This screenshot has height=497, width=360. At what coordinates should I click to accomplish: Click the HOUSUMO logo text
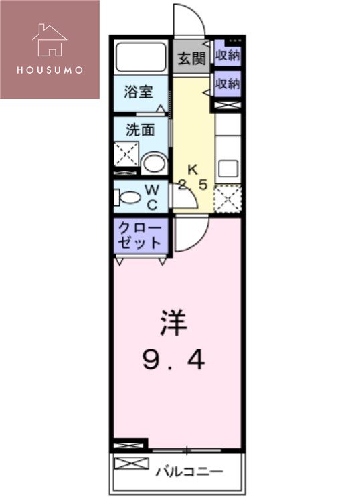50,69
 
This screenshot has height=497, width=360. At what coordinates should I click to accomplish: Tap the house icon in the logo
50,39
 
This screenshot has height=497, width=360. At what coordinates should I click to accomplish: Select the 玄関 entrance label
191,58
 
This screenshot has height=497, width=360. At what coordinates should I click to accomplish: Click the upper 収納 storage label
228,56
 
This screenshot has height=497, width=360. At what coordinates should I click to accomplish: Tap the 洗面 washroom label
140,130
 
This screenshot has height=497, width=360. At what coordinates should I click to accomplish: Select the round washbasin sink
155,163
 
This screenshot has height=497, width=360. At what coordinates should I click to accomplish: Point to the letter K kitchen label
193,169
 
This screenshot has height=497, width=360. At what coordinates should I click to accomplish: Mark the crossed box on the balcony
128,464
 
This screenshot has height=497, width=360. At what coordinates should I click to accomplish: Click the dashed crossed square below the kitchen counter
228,198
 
